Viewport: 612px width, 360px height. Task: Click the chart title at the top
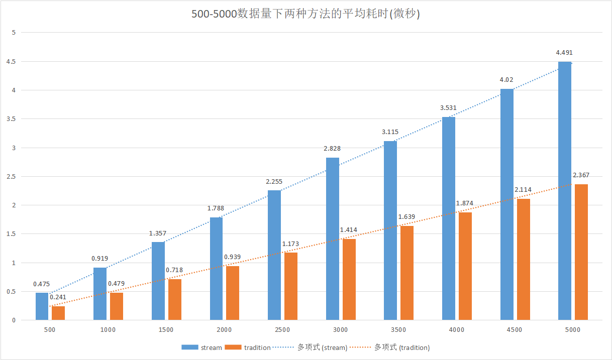click(305, 14)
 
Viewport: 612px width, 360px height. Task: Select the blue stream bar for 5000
click(565, 191)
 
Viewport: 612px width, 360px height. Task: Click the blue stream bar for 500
click(42, 306)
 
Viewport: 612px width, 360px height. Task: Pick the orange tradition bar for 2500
click(291, 286)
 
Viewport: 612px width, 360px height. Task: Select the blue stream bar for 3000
click(332, 239)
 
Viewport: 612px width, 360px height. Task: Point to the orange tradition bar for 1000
click(117, 306)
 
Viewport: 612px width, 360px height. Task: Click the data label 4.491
click(564, 52)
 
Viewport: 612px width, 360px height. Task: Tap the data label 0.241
click(58, 297)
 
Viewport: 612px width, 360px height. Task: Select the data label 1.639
click(406, 216)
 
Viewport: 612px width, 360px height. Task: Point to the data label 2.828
click(332, 148)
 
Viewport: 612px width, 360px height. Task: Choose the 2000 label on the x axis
click(224, 330)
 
